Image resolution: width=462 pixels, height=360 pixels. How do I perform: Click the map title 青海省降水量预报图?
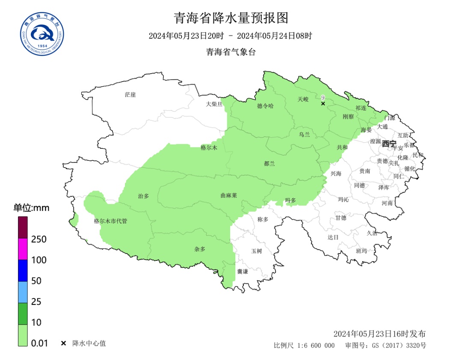231,18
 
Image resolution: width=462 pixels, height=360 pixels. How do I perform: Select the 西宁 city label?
389,144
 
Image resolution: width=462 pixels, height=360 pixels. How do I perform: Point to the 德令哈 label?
265,106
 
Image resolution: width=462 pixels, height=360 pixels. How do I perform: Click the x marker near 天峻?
323,103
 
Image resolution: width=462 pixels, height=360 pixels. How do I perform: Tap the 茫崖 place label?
130,94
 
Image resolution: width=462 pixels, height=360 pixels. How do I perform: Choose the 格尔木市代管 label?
110,221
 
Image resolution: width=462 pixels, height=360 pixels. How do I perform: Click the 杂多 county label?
200,248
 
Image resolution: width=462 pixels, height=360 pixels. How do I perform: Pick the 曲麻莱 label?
228,195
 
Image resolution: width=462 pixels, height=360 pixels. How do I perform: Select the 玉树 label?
256,251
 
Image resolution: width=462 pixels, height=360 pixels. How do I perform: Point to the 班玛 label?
361,251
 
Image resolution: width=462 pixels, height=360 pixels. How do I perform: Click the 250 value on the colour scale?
39,239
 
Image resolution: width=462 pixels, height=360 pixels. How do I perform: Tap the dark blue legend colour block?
23,270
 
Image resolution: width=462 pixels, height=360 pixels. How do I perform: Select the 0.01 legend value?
40,343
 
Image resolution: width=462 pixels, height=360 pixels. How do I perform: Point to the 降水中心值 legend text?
89,343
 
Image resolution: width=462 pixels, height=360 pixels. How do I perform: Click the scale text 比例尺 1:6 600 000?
304,345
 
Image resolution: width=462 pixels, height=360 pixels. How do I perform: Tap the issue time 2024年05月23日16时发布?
379,333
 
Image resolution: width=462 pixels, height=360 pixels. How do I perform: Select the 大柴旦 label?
214,104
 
